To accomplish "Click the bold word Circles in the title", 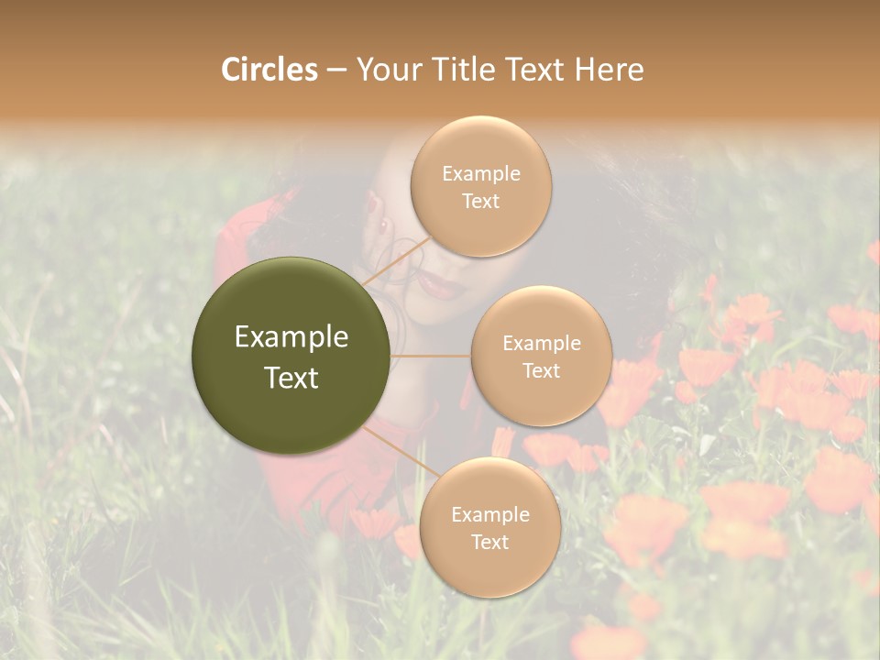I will coord(269,70).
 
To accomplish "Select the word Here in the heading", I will coord(610,70).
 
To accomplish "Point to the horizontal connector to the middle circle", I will coord(431,356).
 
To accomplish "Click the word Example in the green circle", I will coord(291,337).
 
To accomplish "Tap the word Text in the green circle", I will coord(291,378).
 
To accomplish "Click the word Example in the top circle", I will coord(481,173).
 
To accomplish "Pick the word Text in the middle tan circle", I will coord(541,370).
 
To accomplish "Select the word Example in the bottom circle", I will coord(489,514).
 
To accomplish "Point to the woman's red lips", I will coord(442,286).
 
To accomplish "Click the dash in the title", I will coord(336,71).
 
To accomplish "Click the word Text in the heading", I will coord(533,70).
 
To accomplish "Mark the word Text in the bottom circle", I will coord(489,542).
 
